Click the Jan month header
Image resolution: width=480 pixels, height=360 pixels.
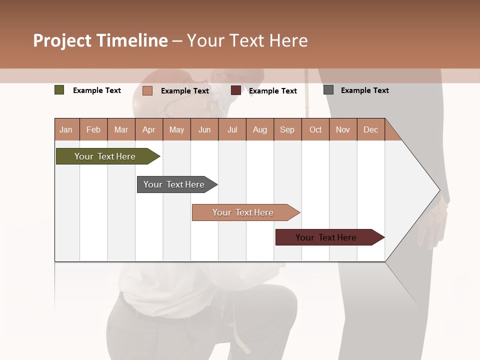(x=66, y=129)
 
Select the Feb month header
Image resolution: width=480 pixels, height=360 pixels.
(x=93, y=129)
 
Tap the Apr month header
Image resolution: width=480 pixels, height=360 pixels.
(x=148, y=129)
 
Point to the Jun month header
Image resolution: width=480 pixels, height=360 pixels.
(x=204, y=129)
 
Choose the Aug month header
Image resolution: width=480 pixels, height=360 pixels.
(x=259, y=129)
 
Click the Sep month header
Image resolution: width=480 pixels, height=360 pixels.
(x=287, y=129)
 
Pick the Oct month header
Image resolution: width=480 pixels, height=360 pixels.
(x=315, y=129)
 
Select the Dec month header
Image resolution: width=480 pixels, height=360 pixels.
(x=370, y=129)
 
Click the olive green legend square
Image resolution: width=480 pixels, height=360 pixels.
(x=59, y=90)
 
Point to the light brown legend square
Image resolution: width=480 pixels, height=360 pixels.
(x=147, y=90)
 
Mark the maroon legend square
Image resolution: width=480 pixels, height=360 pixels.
(x=236, y=90)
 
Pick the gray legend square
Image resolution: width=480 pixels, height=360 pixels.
(x=328, y=90)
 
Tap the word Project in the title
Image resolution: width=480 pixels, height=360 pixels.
(x=62, y=40)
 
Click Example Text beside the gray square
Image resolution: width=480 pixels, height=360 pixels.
(x=364, y=90)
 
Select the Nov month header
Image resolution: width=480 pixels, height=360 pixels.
(x=343, y=129)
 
